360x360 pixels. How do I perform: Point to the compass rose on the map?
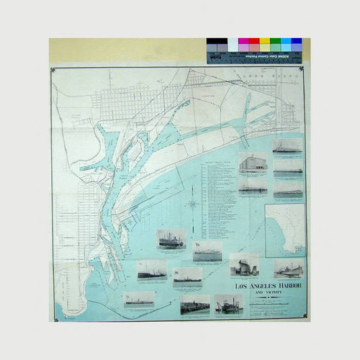[192, 204]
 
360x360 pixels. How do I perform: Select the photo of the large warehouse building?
[253, 162]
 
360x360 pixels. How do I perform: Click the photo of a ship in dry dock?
[244, 265]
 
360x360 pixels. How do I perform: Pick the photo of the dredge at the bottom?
[229, 305]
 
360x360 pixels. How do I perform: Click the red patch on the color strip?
[254, 42]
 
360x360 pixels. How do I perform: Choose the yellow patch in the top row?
[265, 42]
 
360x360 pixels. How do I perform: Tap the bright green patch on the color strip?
[276, 42]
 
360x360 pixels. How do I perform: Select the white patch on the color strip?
[233, 42]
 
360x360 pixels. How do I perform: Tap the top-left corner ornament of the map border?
[53, 70]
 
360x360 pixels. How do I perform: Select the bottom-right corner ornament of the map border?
[303, 318]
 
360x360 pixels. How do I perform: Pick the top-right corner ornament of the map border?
[302, 69]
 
